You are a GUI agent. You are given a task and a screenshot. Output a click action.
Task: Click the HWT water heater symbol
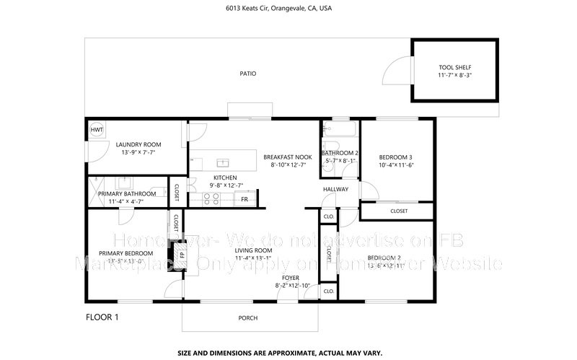point(96,130)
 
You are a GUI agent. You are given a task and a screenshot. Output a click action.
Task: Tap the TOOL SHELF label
point(454,67)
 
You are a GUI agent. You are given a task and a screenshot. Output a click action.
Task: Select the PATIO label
point(248,74)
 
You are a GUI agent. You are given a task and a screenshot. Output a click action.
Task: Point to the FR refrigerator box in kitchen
point(245,199)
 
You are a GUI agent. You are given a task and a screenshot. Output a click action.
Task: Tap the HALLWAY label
point(335,190)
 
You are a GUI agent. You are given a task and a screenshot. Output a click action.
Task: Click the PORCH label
point(248,318)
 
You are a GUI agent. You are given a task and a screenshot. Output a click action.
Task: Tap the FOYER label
point(291,278)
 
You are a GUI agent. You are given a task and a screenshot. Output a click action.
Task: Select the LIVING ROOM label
point(252,250)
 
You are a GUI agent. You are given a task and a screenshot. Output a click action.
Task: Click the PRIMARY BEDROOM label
point(126,253)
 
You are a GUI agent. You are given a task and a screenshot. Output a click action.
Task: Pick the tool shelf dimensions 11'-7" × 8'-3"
point(454,75)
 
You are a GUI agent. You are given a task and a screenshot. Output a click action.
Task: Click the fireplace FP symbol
point(182,255)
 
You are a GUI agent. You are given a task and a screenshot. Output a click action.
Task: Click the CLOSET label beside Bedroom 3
point(398,211)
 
